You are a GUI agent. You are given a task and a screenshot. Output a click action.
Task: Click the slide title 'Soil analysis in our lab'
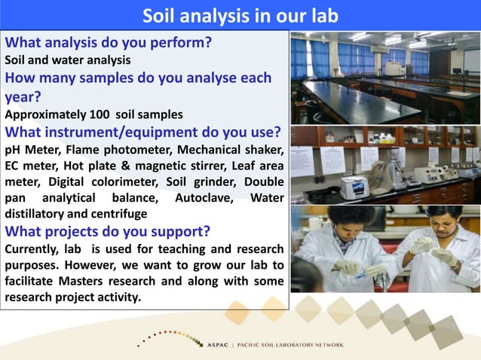[x=240, y=15]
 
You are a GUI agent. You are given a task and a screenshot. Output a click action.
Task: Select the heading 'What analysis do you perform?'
[x=108, y=43]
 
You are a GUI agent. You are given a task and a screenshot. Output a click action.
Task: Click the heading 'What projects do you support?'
[x=108, y=231]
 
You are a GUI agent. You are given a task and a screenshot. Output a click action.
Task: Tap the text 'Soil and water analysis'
[x=68, y=59]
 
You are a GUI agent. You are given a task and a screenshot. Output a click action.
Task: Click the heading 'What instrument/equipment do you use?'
[x=143, y=133]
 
